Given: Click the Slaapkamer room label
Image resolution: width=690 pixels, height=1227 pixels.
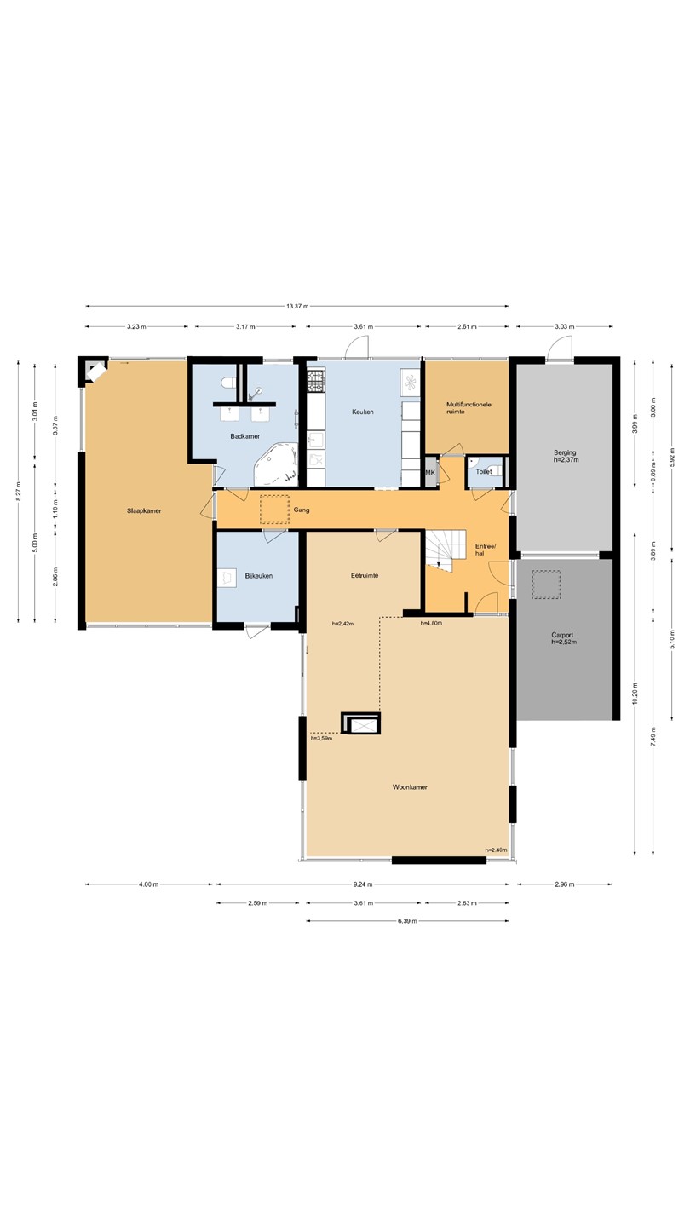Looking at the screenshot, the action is pos(144,510).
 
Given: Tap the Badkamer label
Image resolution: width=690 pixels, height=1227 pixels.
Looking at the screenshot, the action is pos(244,436).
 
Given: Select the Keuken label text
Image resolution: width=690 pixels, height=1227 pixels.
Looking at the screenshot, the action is pos(363,412).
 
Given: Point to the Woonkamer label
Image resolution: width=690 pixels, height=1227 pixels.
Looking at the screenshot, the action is pos(410,787).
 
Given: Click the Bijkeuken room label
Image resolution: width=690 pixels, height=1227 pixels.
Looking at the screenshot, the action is pos(258,576).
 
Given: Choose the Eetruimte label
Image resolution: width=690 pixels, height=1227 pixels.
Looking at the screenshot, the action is pos(365,575).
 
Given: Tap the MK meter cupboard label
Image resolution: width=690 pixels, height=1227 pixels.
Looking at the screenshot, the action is pos(430,472).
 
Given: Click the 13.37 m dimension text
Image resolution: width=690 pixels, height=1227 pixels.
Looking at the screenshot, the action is pos(297,306).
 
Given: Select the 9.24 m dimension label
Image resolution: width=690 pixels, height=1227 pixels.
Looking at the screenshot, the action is pos(363,884).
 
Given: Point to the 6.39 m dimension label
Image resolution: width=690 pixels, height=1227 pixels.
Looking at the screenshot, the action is pos(407,921).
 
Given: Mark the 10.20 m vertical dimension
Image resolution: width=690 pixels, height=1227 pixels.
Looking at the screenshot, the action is pos(635,694).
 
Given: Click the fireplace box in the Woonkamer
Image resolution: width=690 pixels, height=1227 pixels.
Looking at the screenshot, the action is pos(361,723).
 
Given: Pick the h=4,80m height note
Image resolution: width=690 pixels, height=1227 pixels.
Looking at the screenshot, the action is pos(432,623).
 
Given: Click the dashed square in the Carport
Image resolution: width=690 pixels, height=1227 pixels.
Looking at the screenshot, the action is pos(547,585).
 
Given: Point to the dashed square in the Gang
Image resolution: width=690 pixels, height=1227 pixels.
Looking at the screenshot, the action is pos(274,510).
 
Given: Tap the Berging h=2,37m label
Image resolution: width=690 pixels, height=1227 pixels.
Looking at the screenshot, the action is pos(566,457).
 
